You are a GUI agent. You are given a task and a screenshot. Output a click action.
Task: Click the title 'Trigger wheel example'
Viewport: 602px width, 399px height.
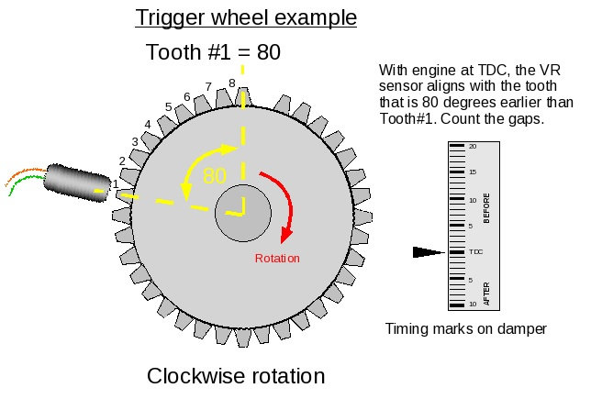pos(246,17)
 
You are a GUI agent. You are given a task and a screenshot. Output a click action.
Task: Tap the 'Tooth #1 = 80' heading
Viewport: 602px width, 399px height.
pos(213,52)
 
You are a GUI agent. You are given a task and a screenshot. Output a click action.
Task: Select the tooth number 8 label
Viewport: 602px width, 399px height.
pos(231,83)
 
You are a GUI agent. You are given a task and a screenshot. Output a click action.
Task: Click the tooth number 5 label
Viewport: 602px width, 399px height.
pos(168,107)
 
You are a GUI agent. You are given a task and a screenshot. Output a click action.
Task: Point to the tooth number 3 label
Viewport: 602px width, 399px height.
pos(134,142)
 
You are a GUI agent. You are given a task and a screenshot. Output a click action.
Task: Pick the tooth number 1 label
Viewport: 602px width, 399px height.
pos(116,184)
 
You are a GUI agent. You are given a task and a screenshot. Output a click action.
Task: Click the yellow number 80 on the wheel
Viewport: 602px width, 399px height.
pos(214,176)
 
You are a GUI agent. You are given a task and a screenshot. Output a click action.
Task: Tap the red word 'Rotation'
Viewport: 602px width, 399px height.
pos(277,258)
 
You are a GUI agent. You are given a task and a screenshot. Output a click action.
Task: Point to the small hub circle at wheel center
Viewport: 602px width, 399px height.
pos(243,213)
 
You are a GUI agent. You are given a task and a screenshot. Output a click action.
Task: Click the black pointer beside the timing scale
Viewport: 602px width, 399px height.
pos(429,251)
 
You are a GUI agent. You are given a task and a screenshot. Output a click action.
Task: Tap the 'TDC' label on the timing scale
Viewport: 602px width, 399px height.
pos(475,251)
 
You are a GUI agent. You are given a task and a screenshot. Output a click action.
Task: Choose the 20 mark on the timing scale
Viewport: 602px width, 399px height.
pos(473,146)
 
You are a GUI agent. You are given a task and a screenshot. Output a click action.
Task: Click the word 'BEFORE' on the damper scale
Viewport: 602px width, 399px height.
pos(486,208)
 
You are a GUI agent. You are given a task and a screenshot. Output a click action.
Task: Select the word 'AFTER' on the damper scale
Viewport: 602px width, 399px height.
pos(486,293)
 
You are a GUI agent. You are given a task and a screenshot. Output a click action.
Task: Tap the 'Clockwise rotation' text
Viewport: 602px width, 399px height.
pos(236,376)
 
